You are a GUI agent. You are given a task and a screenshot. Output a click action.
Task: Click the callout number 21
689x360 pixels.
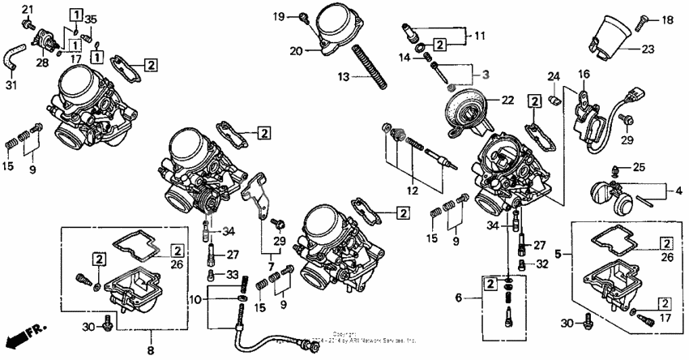click(x=26, y=9)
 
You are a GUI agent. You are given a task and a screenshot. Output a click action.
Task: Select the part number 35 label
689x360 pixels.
click(x=91, y=19)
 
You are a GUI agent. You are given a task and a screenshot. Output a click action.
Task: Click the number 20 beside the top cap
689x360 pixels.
click(x=297, y=50)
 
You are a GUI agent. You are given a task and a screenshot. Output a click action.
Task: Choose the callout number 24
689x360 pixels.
click(x=554, y=78)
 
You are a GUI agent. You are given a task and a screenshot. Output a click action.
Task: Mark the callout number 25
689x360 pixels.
click(x=640, y=167)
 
